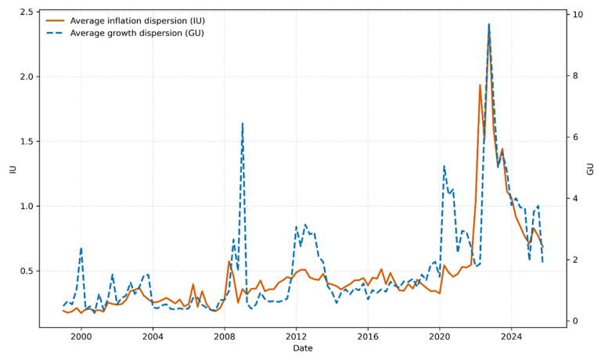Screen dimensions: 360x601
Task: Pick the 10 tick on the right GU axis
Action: point(576,15)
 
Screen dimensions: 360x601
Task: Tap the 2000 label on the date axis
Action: point(81,337)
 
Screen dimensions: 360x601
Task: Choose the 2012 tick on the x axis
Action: point(296,337)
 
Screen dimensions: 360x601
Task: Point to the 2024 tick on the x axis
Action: point(511,337)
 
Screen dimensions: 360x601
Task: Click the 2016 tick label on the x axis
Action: point(368,337)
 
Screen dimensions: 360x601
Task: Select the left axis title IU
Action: point(12,168)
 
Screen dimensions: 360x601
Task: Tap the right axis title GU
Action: point(589,168)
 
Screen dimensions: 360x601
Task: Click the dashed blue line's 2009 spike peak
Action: point(243,123)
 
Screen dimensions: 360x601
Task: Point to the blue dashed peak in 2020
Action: point(444,166)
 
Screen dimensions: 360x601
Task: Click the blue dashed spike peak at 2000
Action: point(81,248)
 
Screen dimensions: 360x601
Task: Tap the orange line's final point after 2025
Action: point(542,247)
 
